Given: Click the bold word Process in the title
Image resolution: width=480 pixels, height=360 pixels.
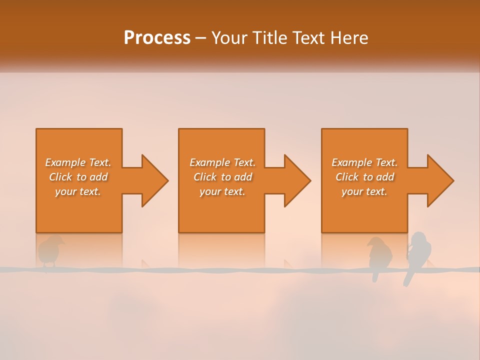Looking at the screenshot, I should pyautogui.click(x=157, y=38).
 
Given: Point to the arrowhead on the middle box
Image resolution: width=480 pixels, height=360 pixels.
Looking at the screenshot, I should pyautogui.click(x=297, y=180).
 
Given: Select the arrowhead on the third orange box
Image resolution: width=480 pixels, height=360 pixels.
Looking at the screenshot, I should pyautogui.click(x=440, y=180).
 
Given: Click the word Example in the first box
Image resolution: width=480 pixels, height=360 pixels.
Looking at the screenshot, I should pyautogui.click(x=65, y=162).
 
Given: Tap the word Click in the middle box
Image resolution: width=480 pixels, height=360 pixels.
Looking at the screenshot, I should pyautogui.click(x=204, y=177).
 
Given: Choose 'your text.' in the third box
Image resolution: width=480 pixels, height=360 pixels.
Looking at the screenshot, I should pyautogui.click(x=364, y=191).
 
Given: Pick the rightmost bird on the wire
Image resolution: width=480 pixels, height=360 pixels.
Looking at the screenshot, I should pyautogui.click(x=419, y=252).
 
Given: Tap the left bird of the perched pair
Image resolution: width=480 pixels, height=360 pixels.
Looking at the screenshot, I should pyautogui.click(x=379, y=255).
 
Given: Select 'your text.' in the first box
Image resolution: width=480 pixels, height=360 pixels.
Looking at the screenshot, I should pyautogui.click(x=77, y=191).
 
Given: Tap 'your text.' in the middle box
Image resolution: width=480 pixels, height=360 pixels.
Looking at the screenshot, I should pyautogui.click(x=222, y=191).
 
